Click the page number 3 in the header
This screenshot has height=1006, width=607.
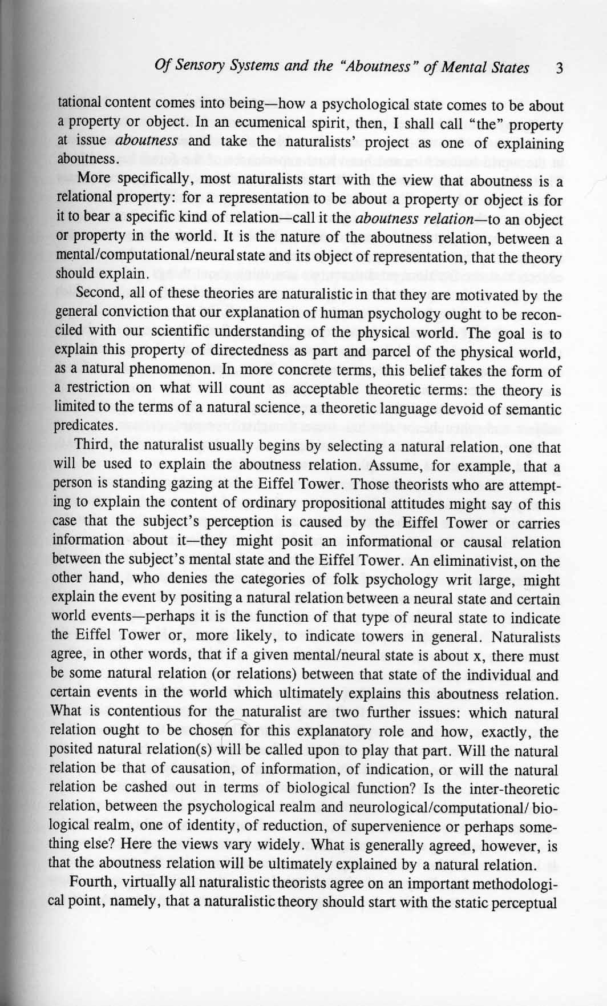point(560,69)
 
